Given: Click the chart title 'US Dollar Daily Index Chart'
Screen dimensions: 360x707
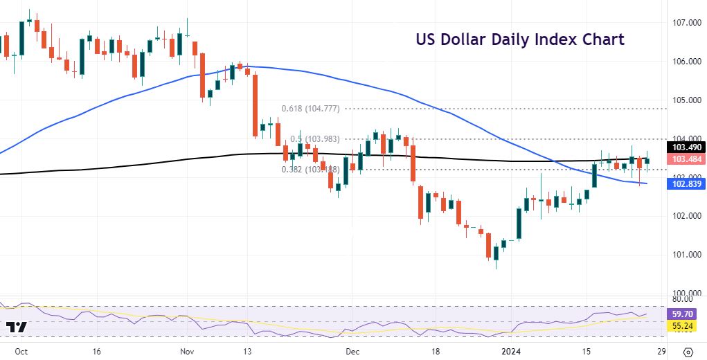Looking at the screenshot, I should click(x=520, y=39).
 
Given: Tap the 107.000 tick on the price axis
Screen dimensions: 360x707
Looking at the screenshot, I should click(x=683, y=23).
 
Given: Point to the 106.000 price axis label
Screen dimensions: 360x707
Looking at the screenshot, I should click(x=683, y=62).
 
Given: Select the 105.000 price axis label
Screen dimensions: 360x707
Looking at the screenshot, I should click(x=683, y=100).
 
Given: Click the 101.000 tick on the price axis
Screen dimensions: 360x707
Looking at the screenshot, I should click(x=683, y=255).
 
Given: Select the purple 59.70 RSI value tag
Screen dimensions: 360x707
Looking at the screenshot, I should click(x=683, y=314).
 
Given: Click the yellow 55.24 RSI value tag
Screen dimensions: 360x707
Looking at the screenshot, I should click(x=683, y=325).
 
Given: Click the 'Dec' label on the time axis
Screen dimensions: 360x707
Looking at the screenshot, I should click(x=353, y=350).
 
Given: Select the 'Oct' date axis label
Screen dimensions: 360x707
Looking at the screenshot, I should click(x=21, y=350).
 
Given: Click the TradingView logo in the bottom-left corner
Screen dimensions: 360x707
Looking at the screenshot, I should click(x=17, y=327).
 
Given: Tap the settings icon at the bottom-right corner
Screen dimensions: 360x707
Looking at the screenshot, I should click(x=688, y=350).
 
